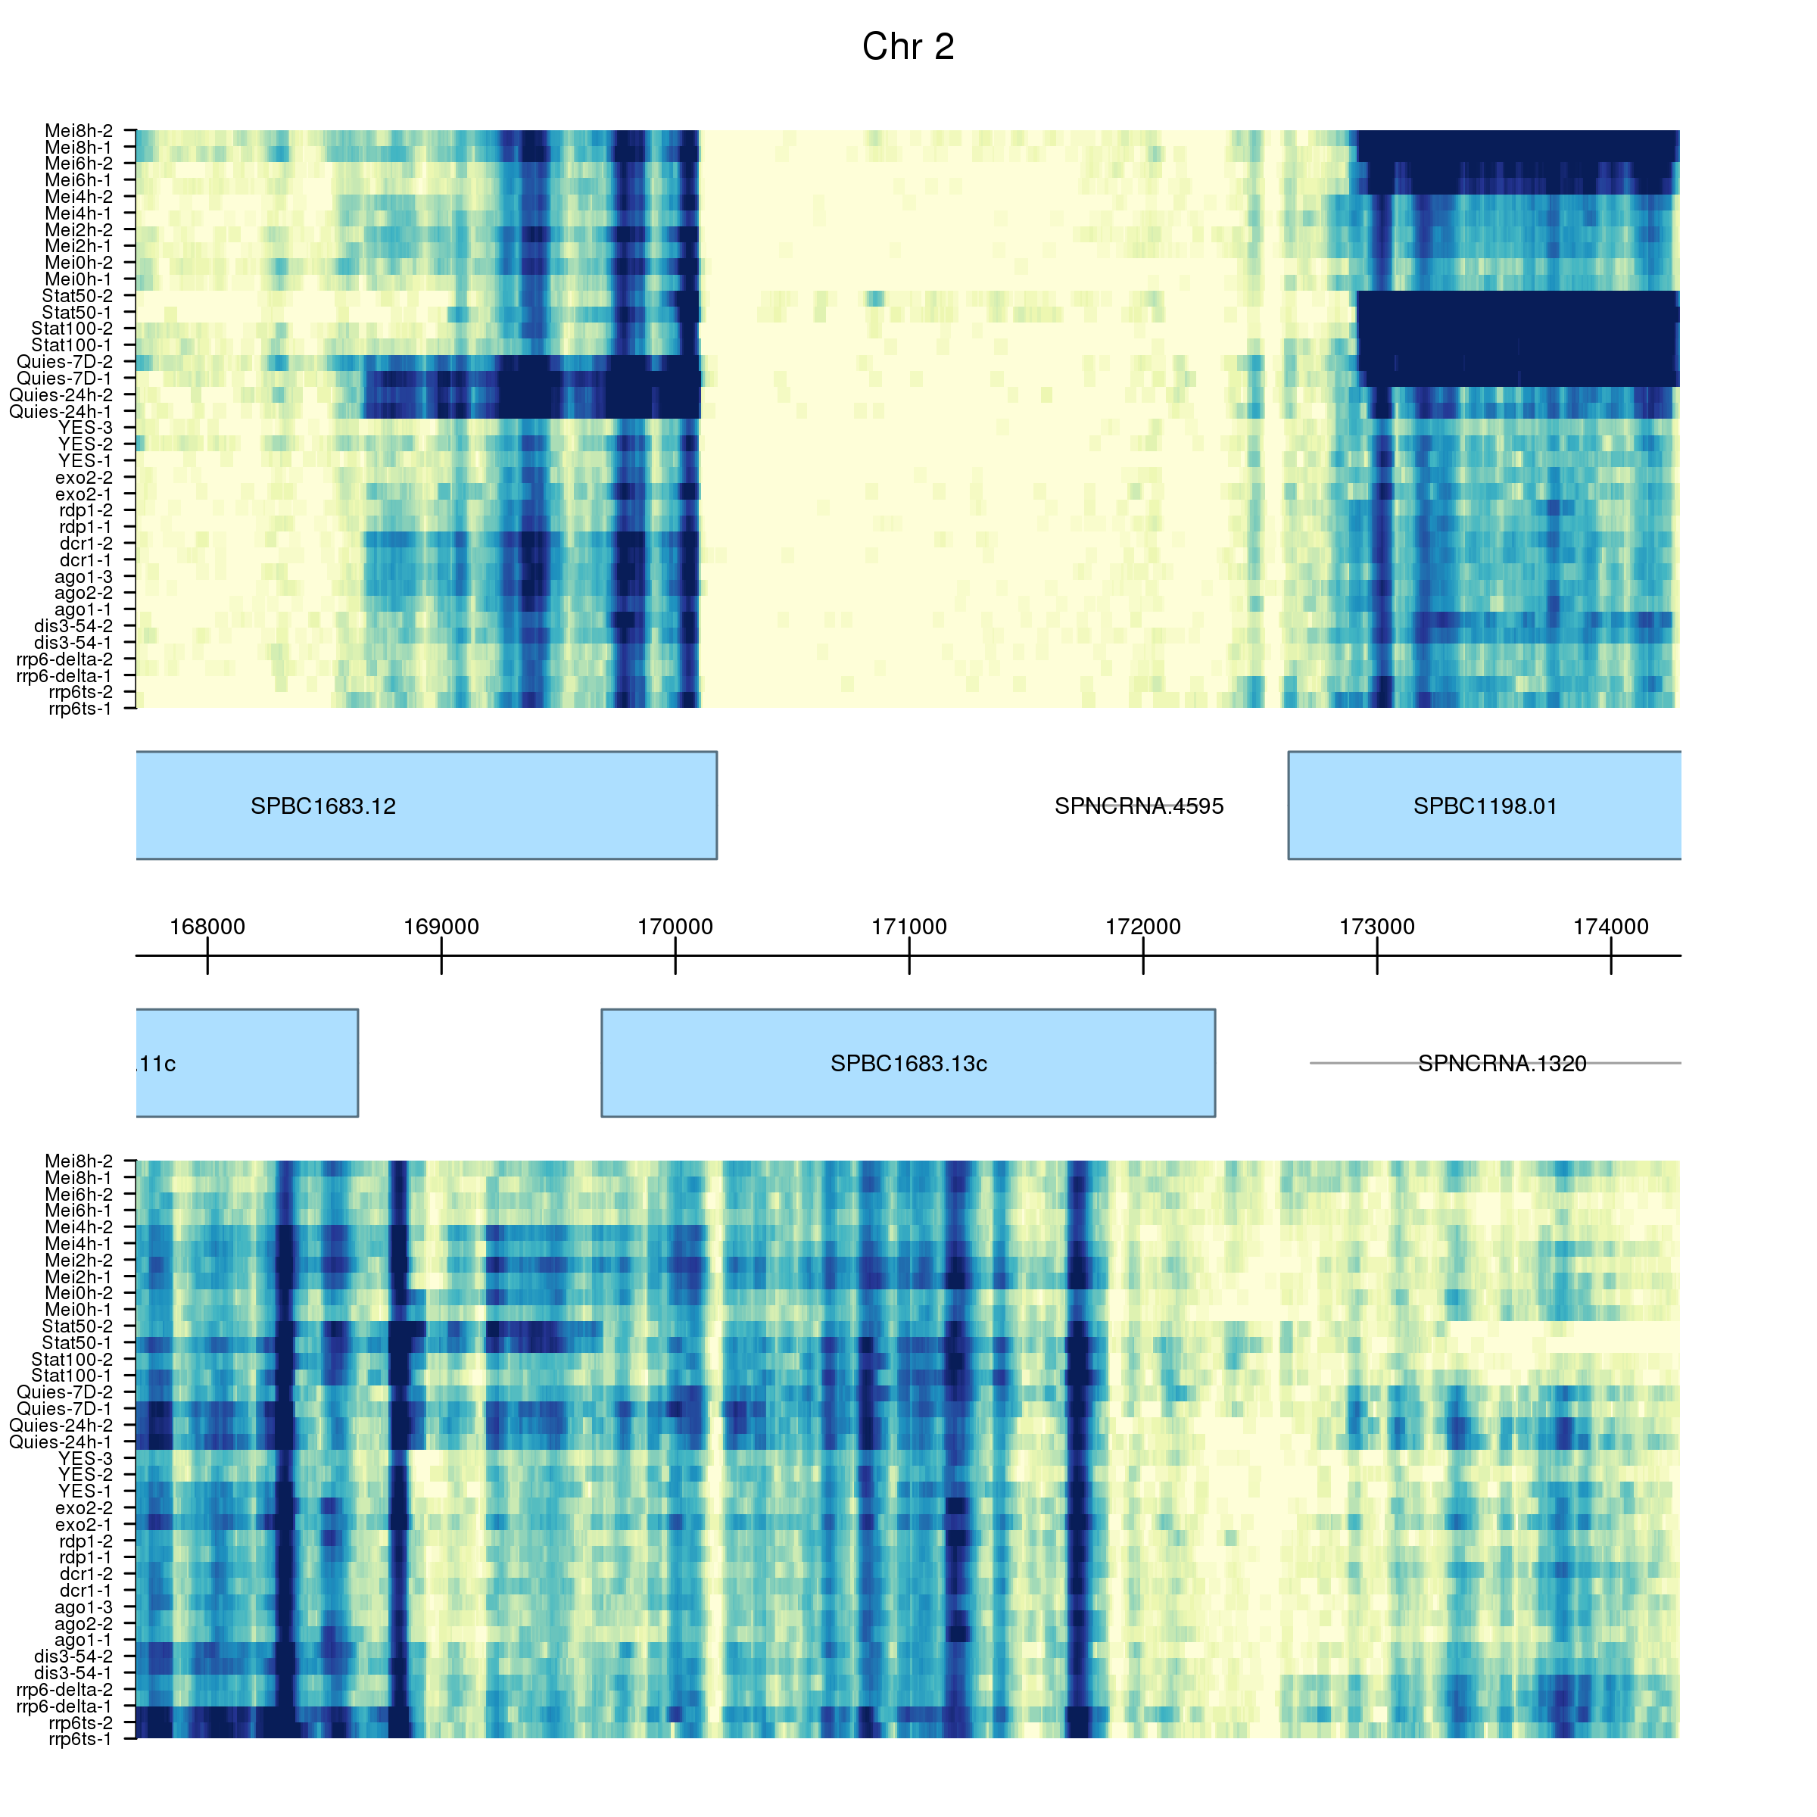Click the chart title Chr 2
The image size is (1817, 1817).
point(908,47)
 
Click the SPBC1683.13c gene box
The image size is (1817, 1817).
point(908,1064)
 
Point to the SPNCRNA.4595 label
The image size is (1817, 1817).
point(1138,806)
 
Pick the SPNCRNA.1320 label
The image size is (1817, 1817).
point(1502,1064)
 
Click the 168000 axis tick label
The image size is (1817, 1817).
point(207,927)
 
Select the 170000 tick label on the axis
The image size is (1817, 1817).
point(675,927)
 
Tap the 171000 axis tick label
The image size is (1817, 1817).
point(908,927)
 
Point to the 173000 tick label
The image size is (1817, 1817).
point(1377,927)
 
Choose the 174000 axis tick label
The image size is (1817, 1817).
point(1610,927)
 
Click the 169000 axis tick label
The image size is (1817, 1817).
point(441,927)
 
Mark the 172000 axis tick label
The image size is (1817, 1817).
point(1142,927)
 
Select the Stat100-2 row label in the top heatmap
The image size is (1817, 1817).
point(73,329)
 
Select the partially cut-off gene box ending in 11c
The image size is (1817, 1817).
point(246,1064)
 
